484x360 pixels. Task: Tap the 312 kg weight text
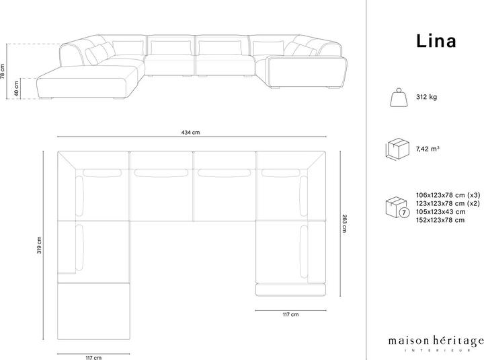coord(426,98)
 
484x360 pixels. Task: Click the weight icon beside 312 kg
coord(397,98)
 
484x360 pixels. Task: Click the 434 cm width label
coord(190,133)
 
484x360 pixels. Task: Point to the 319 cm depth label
coord(40,246)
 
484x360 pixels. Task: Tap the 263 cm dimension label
coord(345,223)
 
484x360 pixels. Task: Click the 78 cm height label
coord(3,71)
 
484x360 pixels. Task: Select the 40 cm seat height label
coord(17,88)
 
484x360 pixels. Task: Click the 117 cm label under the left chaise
coord(93,357)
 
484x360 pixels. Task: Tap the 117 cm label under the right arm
coord(290,314)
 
